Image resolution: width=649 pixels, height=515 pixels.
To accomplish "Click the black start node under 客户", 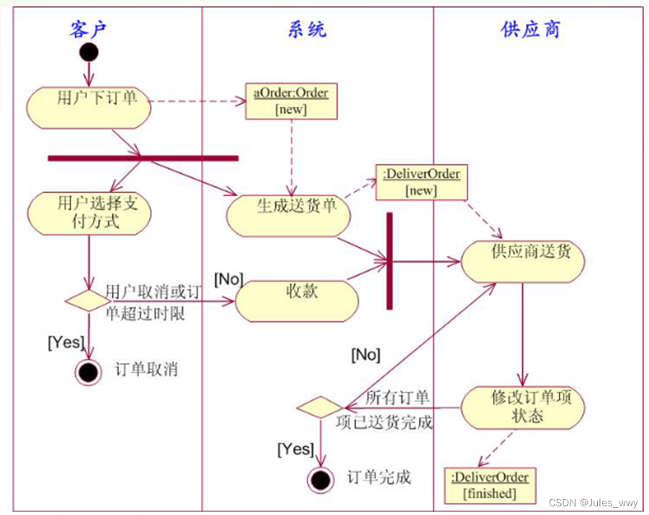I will click(89, 53).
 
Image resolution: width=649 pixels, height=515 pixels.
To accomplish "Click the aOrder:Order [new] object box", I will click(290, 101).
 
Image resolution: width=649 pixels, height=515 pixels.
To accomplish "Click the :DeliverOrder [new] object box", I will click(421, 182).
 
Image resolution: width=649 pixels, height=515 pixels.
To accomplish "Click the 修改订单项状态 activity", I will click(522, 408).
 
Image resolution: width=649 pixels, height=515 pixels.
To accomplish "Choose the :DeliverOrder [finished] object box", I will click(490, 485).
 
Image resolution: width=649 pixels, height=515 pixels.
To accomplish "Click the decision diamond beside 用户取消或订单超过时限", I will click(89, 301).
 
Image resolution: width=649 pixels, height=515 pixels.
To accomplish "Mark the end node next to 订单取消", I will click(89, 372).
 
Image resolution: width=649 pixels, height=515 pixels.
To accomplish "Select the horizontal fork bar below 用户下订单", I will click(143, 157).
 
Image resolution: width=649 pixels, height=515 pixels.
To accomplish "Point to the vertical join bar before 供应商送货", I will click(389, 260).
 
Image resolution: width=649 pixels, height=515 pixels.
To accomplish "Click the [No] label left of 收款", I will click(228, 278).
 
